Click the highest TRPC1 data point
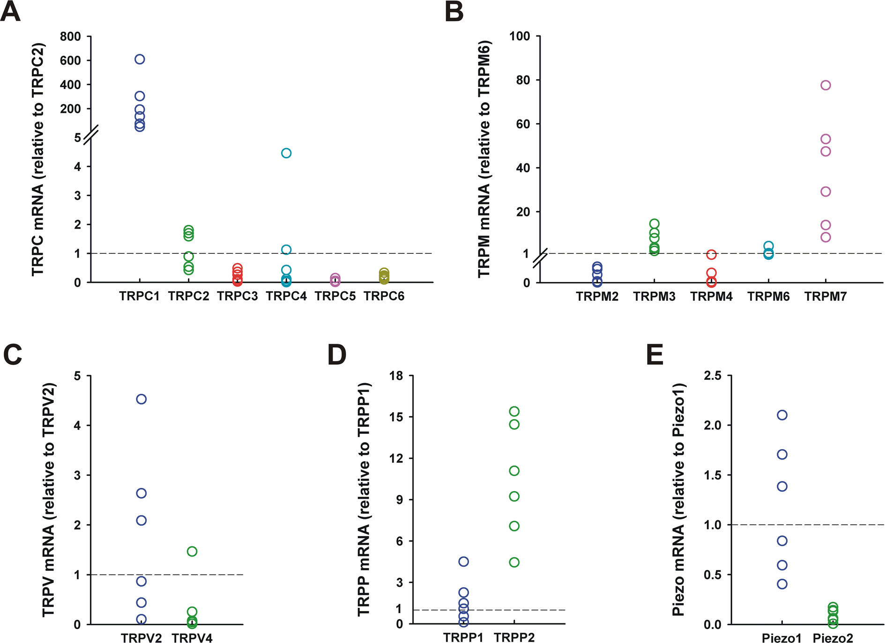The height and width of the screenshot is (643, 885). point(140,59)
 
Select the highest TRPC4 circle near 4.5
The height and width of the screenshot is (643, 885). point(286,153)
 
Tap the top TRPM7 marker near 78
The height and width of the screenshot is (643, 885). point(826,85)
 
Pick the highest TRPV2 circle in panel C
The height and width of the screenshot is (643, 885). point(141,399)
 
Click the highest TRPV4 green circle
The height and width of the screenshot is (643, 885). point(192,551)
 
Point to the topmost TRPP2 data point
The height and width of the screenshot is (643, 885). point(514,411)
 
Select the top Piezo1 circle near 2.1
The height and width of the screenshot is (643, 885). point(782,415)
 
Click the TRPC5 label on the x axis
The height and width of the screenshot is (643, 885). point(335,296)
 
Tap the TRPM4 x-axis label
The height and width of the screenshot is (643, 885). point(711,296)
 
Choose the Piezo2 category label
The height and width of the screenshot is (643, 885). point(833,638)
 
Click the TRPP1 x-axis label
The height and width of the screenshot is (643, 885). point(463,638)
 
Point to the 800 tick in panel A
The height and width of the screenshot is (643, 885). point(70,37)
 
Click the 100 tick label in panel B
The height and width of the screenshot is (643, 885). point(520,37)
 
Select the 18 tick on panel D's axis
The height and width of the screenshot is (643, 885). point(396,376)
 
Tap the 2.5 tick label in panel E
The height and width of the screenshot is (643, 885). point(712,376)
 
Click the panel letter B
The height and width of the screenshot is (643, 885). point(454,12)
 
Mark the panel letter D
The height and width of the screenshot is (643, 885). point(337,355)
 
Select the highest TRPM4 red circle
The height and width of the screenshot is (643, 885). point(711,255)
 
